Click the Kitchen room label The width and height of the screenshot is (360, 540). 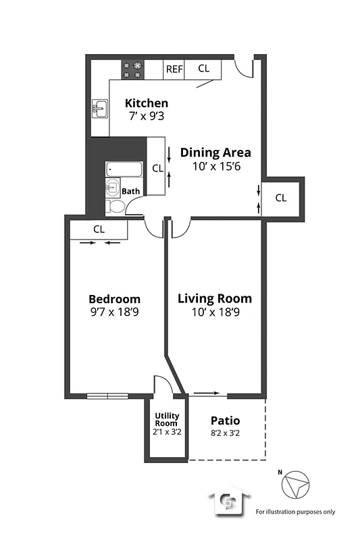coord(147,103)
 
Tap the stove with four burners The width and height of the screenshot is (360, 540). coord(133,69)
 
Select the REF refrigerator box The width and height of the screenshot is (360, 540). coord(174,69)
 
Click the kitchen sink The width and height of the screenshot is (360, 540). coord(101,108)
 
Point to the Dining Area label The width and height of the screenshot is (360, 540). coord(215,152)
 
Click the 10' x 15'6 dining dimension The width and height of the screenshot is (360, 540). coord(215,165)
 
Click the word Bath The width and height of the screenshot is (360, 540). coord(131,191)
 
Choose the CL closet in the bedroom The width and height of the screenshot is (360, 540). coord(99,229)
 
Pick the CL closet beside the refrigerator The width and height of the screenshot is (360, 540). coord(203,69)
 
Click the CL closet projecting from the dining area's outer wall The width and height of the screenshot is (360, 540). coord(281,198)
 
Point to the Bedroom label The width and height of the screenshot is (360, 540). coord(115,299)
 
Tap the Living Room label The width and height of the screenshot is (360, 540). coord(214,298)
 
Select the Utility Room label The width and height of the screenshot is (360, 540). coord(166,419)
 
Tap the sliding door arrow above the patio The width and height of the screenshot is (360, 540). coord(207,392)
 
